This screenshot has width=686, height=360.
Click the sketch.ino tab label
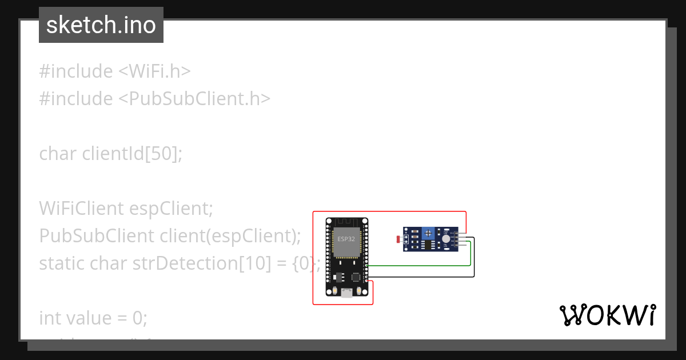pos(101,25)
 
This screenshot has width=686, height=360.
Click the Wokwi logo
pos(608,315)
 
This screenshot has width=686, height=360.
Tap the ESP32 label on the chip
pos(346,239)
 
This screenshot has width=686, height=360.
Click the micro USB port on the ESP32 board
pos(346,293)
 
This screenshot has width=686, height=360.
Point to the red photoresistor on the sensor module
pos(398,239)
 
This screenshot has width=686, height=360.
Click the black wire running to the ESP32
pos(423,277)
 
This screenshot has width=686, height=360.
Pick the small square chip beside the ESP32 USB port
pos(356,277)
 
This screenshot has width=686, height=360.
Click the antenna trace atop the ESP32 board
pos(346,222)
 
